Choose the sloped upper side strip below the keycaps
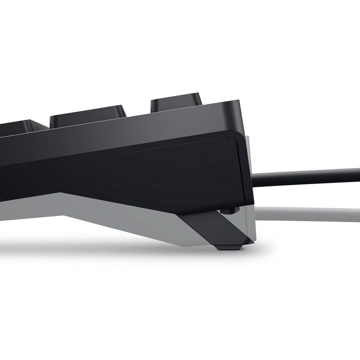click(x=129, y=134)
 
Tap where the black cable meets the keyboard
click(x=256, y=179)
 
